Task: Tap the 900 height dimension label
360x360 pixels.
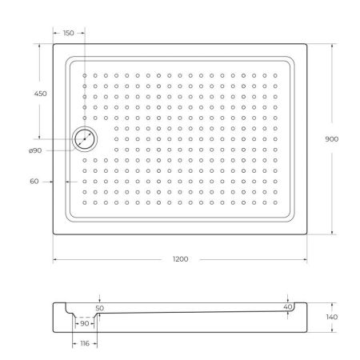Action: click(x=332, y=138)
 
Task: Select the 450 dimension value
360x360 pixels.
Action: click(x=41, y=94)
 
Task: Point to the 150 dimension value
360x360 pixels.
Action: click(x=68, y=33)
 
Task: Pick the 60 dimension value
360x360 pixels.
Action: click(x=34, y=182)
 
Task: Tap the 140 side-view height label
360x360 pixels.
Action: click(x=331, y=318)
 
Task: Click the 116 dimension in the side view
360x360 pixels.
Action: click(x=85, y=343)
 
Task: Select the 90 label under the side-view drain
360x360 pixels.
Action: click(x=85, y=324)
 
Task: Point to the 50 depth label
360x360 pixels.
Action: click(x=99, y=307)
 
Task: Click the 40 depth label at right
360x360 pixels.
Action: click(x=288, y=306)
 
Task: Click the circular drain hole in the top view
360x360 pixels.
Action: click(x=84, y=138)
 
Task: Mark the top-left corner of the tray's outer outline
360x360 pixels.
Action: click(x=54, y=43)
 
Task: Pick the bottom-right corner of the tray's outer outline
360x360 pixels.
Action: click(x=309, y=235)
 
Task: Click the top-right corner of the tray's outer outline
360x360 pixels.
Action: click(x=309, y=43)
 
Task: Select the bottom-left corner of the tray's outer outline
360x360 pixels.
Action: click(x=54, y=235)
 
